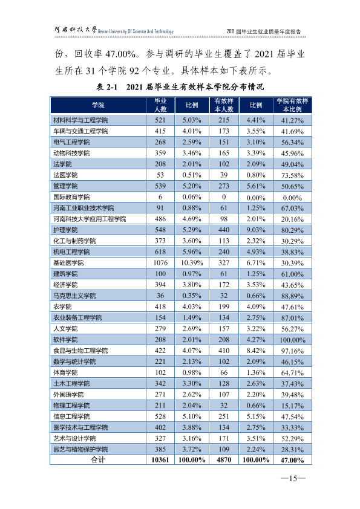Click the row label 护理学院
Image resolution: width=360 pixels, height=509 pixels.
click(x=65, y=230)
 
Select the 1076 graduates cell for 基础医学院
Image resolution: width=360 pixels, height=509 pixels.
click(x=160, y=262)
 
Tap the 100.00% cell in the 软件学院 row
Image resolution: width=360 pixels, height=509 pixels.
click(x=292, y=340)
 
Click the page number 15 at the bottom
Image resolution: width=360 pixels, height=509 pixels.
click(x=293, y=478)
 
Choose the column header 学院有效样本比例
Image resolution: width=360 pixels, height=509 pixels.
click(x=292, y=105)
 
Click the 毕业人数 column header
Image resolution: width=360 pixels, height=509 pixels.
click(x=160, y=105)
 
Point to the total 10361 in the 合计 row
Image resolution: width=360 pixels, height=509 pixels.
click(x=160, y=459)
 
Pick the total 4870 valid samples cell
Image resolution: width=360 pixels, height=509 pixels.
click(x=224, y=459)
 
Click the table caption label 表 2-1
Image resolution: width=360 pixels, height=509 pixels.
click(x=106, y=86)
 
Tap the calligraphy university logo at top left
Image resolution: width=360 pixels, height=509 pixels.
click(x=76, y=30)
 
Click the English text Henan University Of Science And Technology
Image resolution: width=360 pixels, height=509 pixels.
click(x=136, y=31)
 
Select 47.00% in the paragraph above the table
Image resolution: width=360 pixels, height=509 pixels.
click(x=120, y=54)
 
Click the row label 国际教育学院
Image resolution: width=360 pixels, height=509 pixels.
click(x=71, y=197)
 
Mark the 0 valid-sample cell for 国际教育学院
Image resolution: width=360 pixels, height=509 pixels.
click(x=224, y=197)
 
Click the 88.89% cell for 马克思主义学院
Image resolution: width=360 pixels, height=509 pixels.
click(x=292, y=296)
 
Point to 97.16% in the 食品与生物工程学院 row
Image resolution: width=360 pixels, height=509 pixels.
click(x=292, y=351)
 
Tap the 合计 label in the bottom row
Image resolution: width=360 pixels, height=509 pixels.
click(x=98, y=459)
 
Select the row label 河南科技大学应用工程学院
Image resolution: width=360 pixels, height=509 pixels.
click(x=90, y=219)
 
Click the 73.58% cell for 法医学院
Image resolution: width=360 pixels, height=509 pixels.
click(x=292, y=175)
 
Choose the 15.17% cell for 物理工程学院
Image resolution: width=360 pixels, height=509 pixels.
click(x=292, y=406)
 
